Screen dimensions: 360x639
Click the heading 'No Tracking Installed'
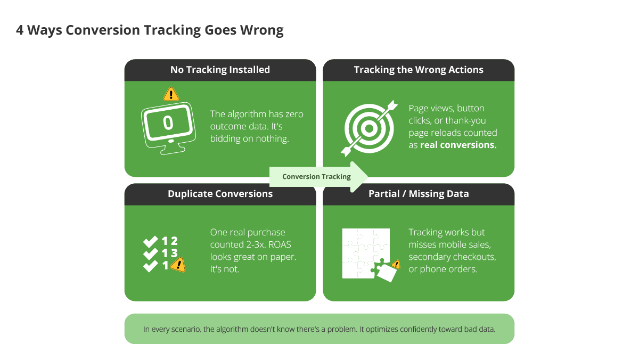pos(220,70)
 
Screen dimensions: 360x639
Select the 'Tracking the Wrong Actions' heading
pos(419,70)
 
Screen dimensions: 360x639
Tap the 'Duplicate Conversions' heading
pos(220,194)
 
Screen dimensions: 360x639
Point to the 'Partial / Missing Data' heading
pos(419,194)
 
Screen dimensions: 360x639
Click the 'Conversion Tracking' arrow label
pos(316,176)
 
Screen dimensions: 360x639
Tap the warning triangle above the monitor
pos(170,94)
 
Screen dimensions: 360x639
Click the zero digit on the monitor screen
pos(168,123)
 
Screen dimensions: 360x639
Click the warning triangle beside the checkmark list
pos(178,264)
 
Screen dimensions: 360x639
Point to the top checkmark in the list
pos(151,241)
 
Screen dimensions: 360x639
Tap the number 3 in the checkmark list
pos(174,253)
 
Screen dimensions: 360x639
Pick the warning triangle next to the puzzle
pos(396,264)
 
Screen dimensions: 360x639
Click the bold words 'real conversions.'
pos(458,145)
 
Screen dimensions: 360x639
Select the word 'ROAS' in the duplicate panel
pos(283,244)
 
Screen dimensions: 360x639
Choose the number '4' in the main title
pos(20,30)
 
